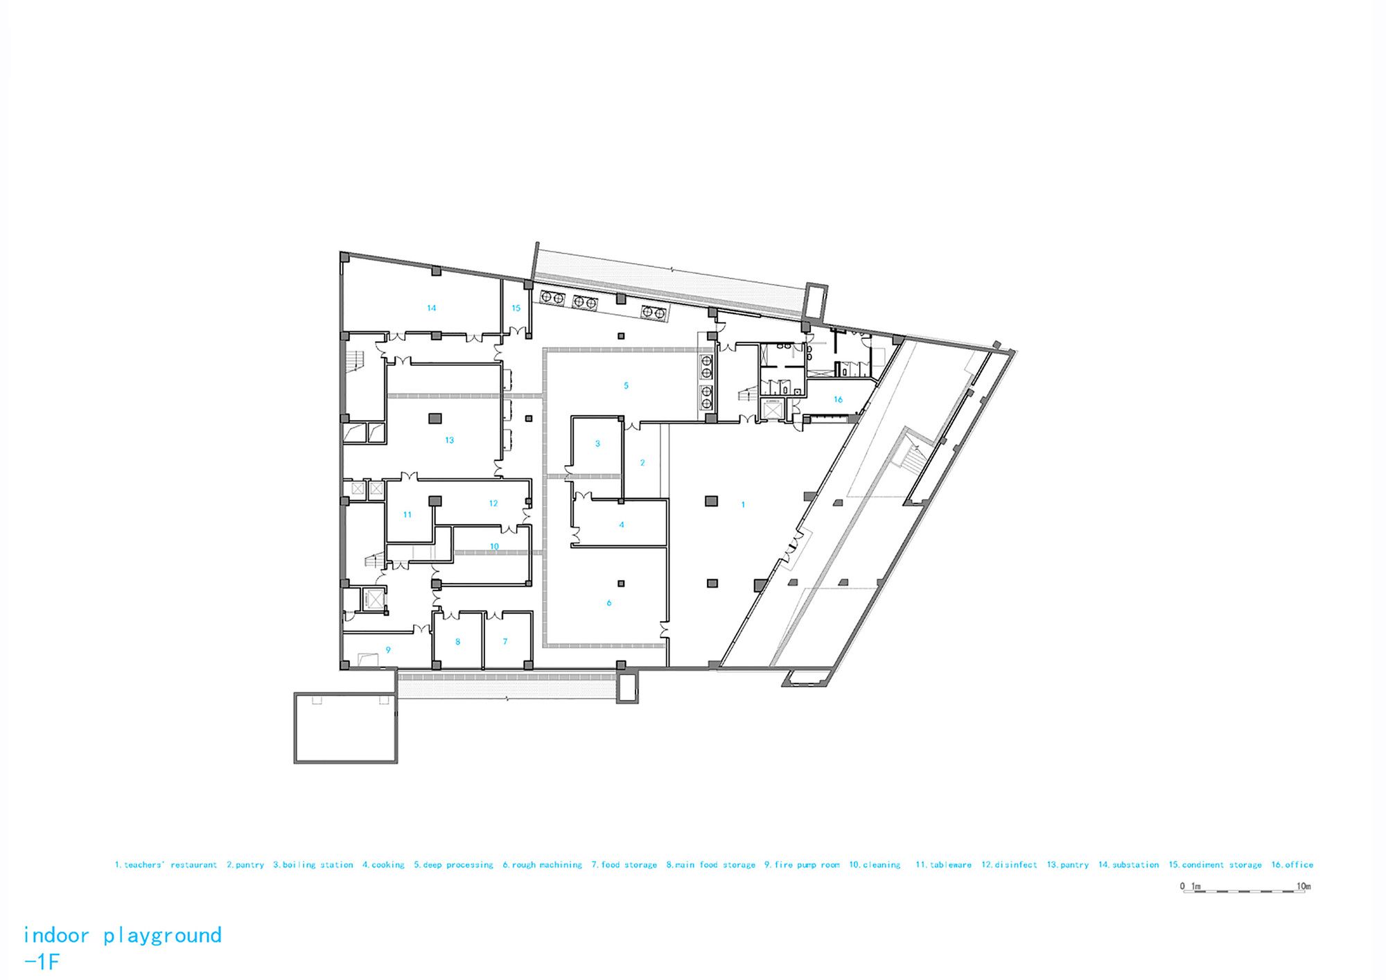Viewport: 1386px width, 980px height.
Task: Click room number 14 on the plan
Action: [431, 308]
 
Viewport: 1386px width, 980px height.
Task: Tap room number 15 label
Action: [516, 308]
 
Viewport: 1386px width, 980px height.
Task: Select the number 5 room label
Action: [626, 385]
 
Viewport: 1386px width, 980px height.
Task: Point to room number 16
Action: [838, 399]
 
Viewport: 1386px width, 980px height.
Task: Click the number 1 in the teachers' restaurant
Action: [743, 505]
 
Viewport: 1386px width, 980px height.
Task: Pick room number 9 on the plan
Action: [388, 650]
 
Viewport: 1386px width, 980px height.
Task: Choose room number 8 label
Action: [457, 642]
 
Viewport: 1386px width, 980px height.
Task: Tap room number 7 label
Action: [505, 642]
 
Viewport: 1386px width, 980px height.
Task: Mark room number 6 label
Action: [609, 603]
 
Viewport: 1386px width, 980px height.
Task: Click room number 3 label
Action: [597, 444]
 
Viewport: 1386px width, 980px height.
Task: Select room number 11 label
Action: [407, 514]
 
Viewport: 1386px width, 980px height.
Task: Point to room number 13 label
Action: [449, 440]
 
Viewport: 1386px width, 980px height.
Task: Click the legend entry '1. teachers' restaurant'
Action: [166, 865]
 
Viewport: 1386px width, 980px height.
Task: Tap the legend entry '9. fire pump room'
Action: [802, 865]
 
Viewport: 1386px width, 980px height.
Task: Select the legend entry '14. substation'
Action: [1128, 865]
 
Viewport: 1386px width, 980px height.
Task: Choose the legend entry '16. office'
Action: [1292, 865]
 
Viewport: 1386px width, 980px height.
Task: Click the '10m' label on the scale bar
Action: [1304, 886]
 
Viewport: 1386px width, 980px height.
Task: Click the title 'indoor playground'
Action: [123, 936]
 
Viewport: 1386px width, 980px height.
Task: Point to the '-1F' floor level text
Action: [42, 962]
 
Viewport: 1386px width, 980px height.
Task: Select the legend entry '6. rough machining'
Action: [543, 865]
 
